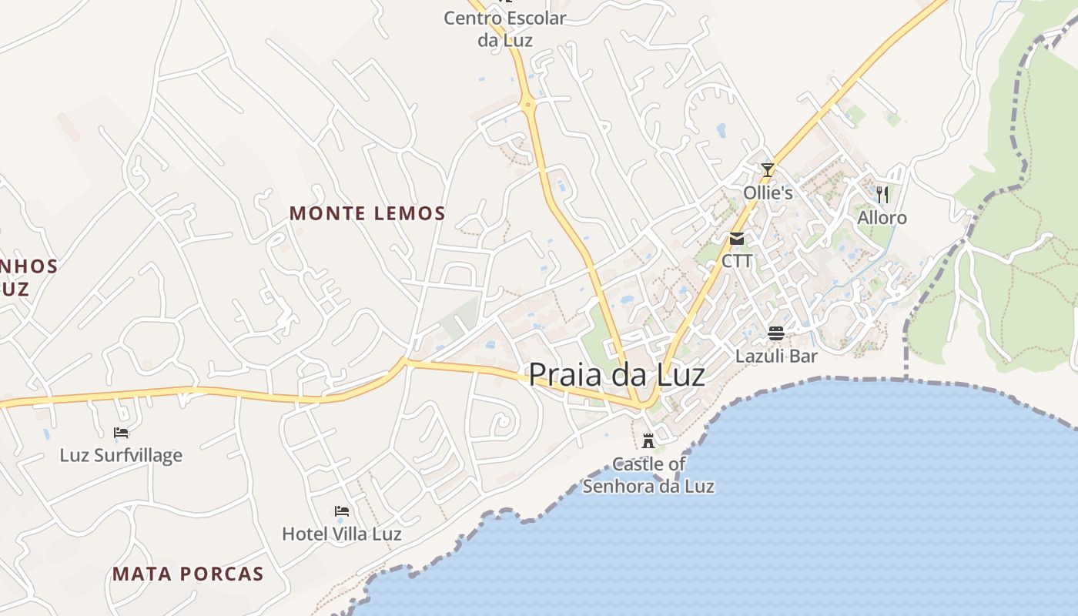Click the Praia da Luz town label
click(x=616, y=374)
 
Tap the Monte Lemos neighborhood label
click(x=367, y=213)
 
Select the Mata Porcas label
click(x=188, y=574)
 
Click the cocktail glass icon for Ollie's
click(x=767, y=169)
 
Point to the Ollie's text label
click(x=768, y=192)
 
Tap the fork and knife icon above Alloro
click(x=882, y=194)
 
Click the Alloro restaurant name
click(x=882, y=218)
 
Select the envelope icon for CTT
click(x=737, y=239)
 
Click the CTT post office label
click(x=737, y=261)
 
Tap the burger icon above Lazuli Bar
click(x=776, y=333)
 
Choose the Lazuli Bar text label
click(x=776, y=357)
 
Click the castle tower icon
click(x=648, y=441)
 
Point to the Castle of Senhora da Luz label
click(x=648, y=475)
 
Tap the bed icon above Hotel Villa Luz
click(x=342, y=511)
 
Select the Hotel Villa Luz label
click(x=342, y=534)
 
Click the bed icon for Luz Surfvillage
click(x=121, y=432)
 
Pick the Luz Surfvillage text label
click(x=121, y=455)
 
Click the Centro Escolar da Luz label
click(x=504, y=28)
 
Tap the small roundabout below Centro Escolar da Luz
click(x=528, y=104)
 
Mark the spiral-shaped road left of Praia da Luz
click(x=501, y=422)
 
